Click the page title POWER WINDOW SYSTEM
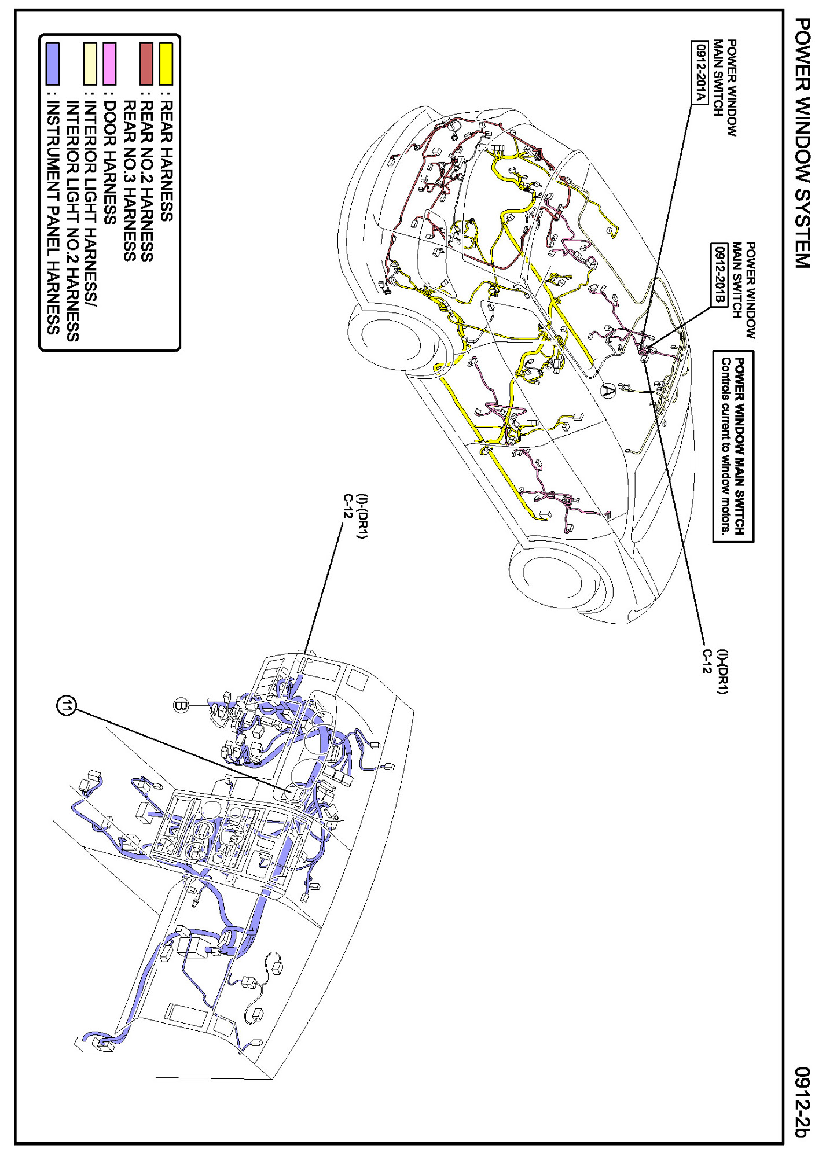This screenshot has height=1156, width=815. [x=801, y=143]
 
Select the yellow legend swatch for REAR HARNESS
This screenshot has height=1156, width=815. [x=166, y=64]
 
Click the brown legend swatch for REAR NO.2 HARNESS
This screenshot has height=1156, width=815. [x=146, y=64]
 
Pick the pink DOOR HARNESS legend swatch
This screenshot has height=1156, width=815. [x=109, y=64]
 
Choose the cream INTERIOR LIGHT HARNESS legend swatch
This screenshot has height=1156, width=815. [x=90, y=64]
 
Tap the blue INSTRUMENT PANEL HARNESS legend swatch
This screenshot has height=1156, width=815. [x=53, y=64]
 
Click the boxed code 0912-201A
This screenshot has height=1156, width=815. [x=700, y=72]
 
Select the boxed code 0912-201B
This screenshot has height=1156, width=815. [x=719, y=275]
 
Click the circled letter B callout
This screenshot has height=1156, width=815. [x=181, y=705]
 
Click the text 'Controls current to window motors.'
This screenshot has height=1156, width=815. [x=725, y=446]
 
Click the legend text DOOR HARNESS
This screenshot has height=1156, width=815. [x=110, y=163]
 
